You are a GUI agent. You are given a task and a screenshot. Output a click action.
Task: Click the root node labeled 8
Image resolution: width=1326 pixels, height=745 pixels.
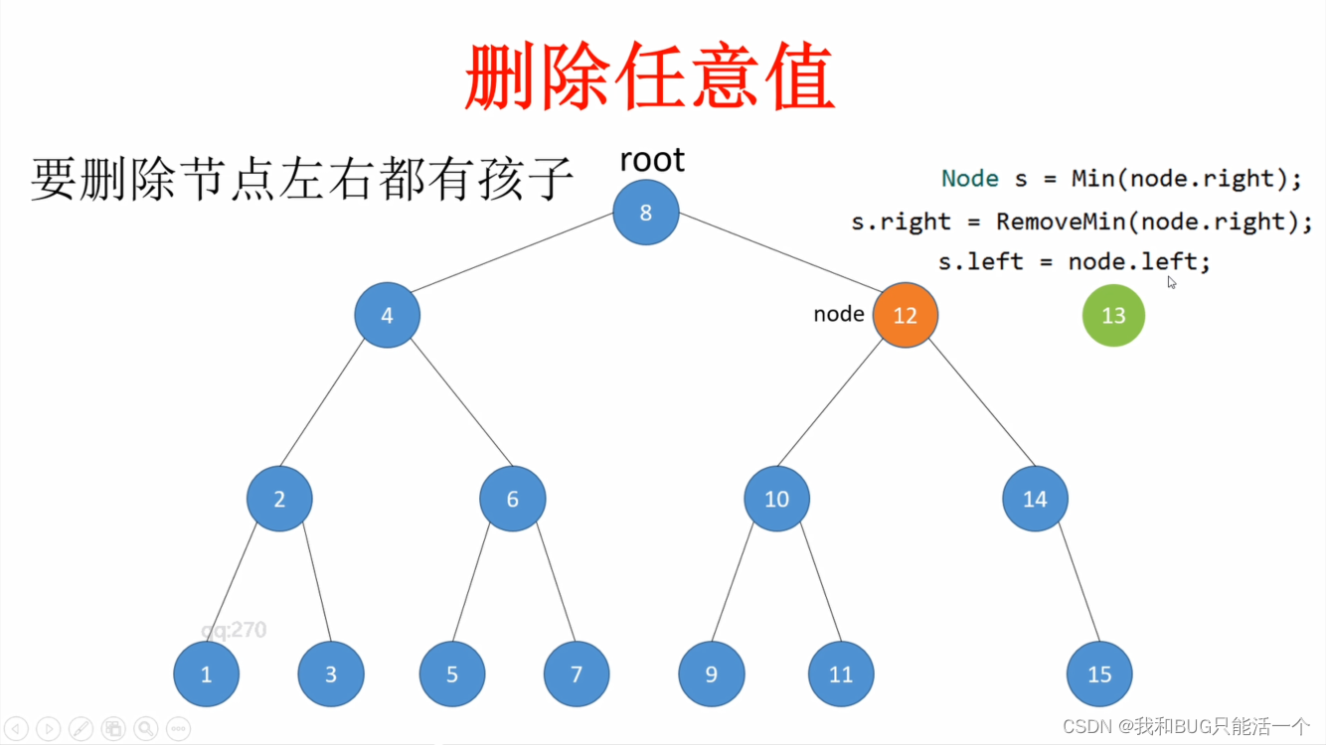[646, 213]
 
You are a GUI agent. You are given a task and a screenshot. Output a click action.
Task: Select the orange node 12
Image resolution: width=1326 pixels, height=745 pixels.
[905, 315]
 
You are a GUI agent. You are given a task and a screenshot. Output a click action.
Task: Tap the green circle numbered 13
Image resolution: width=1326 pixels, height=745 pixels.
[1113, 315]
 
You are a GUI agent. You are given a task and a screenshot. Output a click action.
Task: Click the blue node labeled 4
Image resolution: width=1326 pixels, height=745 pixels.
[387, 315]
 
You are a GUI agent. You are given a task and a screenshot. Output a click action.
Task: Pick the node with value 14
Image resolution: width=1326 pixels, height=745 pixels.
[1035, 499]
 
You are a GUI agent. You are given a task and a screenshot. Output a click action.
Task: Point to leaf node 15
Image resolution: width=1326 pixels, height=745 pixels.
[1099, 674]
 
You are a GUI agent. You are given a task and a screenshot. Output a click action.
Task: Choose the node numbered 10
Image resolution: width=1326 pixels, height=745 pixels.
[776, 499]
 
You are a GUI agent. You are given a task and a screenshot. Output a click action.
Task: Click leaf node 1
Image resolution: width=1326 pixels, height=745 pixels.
[207, 674]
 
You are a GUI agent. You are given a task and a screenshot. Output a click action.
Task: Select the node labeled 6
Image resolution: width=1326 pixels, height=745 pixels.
[512, 499]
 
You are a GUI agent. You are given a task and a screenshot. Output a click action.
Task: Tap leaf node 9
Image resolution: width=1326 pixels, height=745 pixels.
[711, 674]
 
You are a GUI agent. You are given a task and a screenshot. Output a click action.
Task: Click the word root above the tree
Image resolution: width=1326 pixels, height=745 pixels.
[652, 160]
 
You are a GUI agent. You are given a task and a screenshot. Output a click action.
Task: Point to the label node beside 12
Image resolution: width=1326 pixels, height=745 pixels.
[838, 314]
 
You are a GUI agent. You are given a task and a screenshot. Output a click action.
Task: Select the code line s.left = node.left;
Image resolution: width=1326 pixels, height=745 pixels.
[1075, 262]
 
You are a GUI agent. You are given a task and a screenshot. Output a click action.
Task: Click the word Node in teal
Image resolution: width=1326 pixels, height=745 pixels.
[969, 179]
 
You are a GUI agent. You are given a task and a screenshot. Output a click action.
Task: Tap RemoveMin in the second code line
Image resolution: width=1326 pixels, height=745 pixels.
[1057, 221]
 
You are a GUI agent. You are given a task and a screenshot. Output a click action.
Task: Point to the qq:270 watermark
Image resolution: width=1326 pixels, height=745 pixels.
[234, 630]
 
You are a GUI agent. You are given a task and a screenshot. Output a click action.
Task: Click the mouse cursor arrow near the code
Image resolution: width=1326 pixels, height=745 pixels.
[1172, 282]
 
